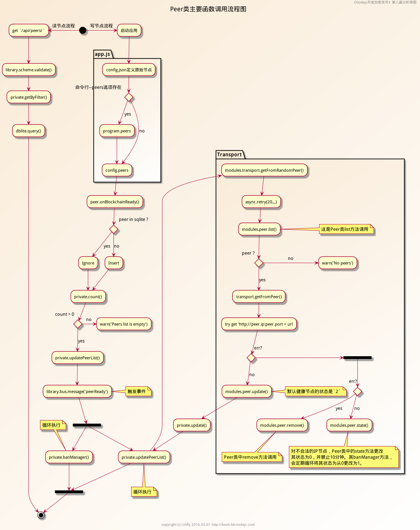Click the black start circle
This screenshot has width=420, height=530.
[x=83, y=31]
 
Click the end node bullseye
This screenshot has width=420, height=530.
[x=41, y=515]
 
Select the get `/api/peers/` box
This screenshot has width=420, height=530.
[x=28, y=31]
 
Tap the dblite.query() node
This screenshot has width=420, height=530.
[x=28, y=131]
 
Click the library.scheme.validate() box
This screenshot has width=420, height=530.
[x=28, y=70]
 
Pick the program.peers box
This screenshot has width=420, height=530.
[x=117, y=131]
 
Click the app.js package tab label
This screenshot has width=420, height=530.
[x=103, y=54]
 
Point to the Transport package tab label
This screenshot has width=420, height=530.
[x=230, y=155]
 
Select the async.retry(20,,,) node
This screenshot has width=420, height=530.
[x=261, y=202]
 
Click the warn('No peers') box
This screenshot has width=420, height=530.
[x=337, y=263]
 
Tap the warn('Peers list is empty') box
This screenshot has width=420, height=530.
[x=124, y=324]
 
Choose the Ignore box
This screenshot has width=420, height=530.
[x=88, y=263]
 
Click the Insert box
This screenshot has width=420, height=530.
[x=114, y=263]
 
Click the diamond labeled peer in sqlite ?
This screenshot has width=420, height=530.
[x=114, y=229]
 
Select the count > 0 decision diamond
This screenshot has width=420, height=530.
[x=78, y=324]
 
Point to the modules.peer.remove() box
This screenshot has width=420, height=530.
[x=282, y=425]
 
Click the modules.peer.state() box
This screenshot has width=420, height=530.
[x=349, y=425]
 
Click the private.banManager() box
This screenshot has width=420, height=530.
[x=69, y=457]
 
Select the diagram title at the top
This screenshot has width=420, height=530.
[x=208, y=9]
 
